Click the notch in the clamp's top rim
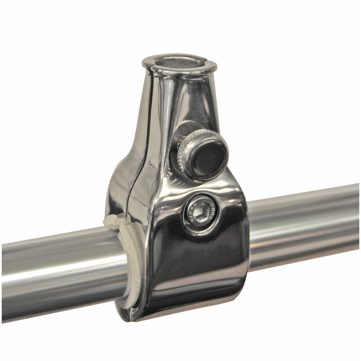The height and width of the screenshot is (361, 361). point(150,66)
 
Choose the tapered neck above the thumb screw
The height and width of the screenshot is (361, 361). point(190,99)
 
